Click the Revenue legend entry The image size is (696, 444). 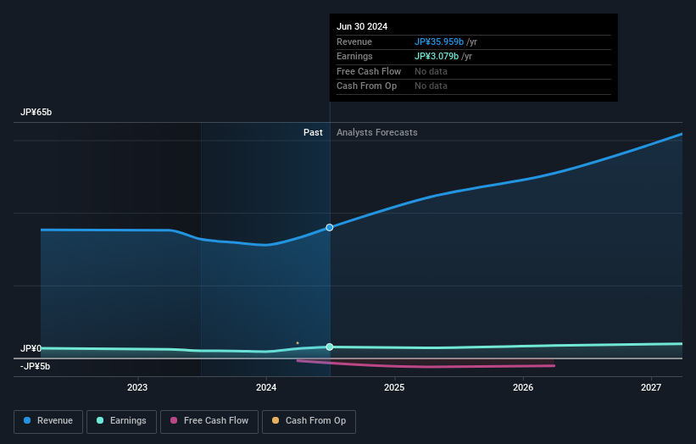coord(48,420)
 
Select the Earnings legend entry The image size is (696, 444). coord(121,420)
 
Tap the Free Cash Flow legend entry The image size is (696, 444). coord(209,420)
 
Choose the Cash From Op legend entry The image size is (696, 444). coord(309,420)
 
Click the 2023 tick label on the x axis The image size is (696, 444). coord(137,388)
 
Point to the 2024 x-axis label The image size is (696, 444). coord(266,388)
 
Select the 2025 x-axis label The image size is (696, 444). coord(394,388)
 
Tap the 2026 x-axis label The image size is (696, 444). coord(523,388)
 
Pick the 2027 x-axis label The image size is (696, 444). coord(651,388)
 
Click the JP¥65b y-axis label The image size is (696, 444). coord(36,113)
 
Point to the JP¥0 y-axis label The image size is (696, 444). coord(31,348)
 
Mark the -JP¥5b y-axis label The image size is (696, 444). coord(36,366)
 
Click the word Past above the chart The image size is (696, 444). coord(313,132)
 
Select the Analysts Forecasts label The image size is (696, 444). coord(376,132)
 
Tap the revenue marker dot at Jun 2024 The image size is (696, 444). coord(330,227)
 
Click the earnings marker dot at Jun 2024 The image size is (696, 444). coord(330,347)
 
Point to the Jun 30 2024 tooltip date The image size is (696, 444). coord(362,26)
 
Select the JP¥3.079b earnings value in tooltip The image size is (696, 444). coord(436,56)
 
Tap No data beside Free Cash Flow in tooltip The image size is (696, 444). coord(431,71)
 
